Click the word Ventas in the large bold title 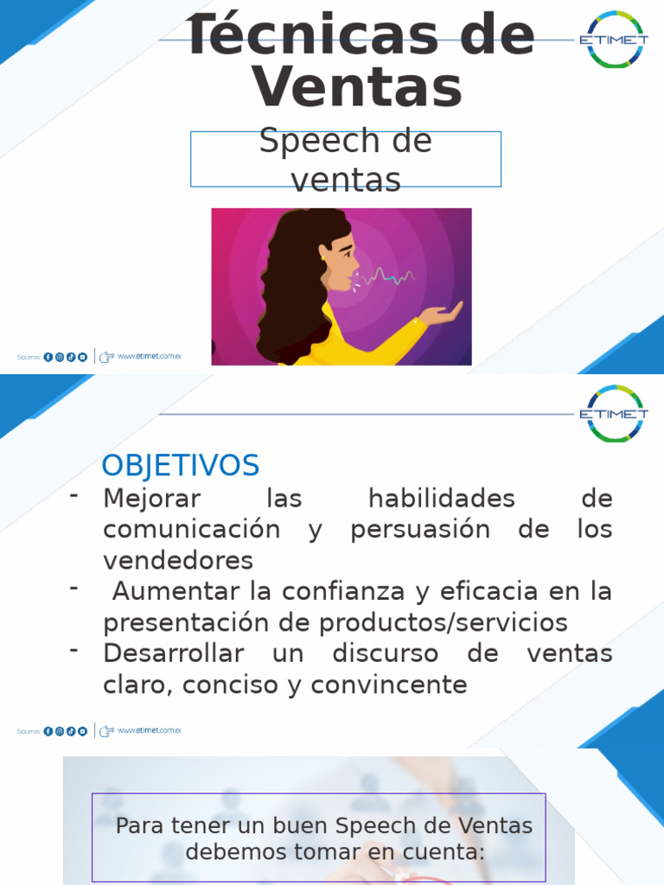357,87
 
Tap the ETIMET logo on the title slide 615,40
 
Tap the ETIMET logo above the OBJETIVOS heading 615,414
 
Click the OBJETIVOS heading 180,466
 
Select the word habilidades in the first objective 441,499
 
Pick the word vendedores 178,560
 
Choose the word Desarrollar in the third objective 173,653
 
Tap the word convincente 389,685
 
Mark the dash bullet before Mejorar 74,494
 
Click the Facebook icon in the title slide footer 48,357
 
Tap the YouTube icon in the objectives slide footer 83,731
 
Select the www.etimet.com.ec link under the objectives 149,731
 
